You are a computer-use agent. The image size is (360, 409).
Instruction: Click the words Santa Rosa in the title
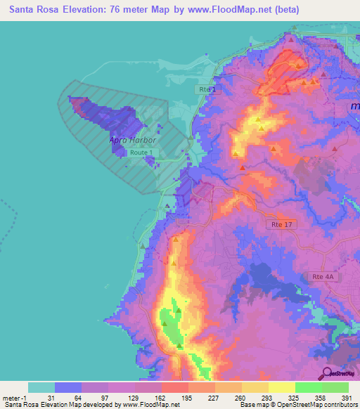34,10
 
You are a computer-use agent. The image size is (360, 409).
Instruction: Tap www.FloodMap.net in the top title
233,10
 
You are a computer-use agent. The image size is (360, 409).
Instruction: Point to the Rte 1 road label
205,90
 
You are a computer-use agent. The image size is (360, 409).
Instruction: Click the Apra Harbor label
132,140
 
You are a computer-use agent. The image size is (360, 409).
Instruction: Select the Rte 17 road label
280,225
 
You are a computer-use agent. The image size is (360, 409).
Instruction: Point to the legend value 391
347,397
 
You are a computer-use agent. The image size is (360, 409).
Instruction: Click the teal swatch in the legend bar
41,387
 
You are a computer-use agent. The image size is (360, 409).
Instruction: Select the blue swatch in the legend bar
68,387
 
